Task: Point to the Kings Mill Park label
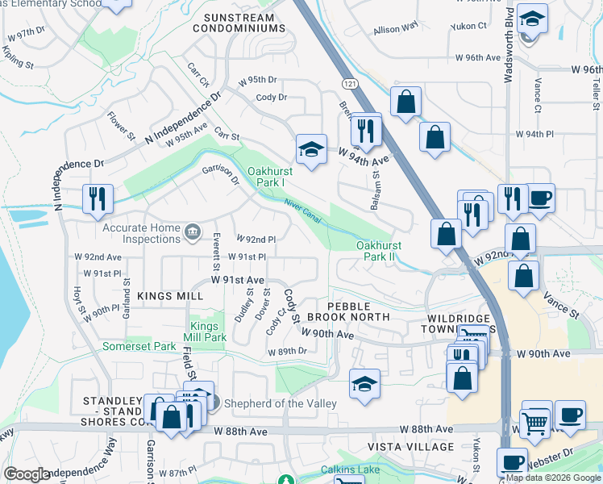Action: click(x=205, y=331)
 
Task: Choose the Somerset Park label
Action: click(x=139, y=346)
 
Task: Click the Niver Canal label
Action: click(x=303, y=212)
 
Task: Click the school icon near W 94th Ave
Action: click(x=311, y=148)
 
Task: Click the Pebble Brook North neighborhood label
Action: click(x=350, y=312)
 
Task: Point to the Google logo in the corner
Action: click(x=26, y=474)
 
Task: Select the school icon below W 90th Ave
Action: click(x=364, y=383)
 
